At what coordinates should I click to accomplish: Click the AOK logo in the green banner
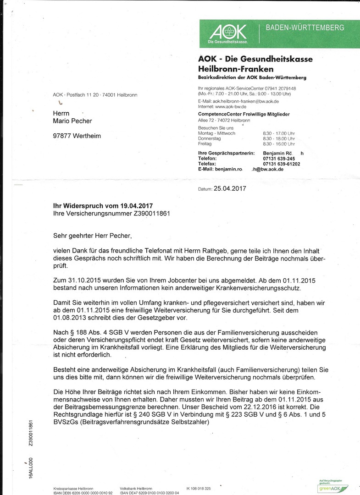228,32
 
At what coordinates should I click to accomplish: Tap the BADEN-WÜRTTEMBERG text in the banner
305,28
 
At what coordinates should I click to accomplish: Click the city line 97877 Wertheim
77,136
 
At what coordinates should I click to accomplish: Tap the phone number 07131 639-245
279,159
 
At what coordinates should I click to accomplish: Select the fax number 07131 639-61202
282,164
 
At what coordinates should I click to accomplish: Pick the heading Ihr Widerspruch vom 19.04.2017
103,206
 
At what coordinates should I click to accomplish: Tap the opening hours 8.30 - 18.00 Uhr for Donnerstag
278,138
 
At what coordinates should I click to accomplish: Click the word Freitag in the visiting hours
205,143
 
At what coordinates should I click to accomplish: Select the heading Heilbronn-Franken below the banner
236,69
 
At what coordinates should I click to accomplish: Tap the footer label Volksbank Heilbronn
136,489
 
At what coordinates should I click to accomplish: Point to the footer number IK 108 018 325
199,489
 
